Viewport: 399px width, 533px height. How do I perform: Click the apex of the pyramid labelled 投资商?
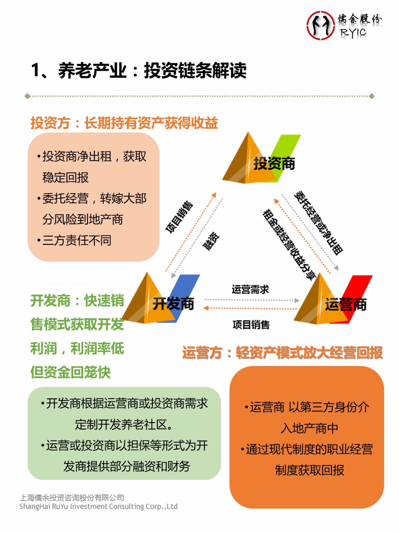pos(248,132)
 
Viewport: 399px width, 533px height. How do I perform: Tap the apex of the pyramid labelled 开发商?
pos(147,272)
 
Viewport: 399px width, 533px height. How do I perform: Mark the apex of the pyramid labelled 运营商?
pos(320,273)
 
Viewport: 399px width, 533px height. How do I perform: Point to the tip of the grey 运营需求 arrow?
pos(299,300)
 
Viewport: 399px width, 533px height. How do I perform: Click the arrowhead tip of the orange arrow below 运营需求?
pos(203,308)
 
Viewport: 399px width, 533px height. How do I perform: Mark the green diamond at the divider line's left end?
pos(27,96)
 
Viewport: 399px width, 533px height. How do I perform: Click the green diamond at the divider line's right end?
pos(372,96)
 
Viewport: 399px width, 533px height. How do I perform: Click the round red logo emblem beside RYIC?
pos(320,25)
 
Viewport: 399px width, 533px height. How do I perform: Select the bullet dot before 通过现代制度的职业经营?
pos(242,449)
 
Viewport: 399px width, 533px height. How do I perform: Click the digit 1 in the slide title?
pos(36,70)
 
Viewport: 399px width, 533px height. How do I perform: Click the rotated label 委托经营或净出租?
pos(318,223)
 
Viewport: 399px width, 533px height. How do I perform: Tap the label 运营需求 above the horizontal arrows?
pos(250,289)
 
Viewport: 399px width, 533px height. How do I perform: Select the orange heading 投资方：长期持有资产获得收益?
pos(124,123)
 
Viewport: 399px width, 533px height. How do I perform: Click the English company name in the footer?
pos(99,507)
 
